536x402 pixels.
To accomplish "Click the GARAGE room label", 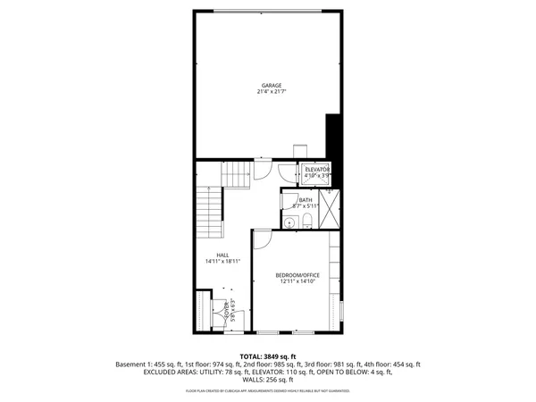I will click(272, 86).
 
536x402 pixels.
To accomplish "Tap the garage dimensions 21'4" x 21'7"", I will click(272, 92).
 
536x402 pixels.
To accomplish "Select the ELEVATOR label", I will click(317, 169).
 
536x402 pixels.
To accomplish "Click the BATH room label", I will click(306, 200).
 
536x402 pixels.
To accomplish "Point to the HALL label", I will click(222, 255).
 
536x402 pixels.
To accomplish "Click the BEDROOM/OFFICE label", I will click(297, 274).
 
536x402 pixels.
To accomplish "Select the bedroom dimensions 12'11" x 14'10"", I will click(297, 281).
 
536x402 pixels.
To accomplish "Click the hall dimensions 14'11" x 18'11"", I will click(222, 262).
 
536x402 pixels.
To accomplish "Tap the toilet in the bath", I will click(306, 222).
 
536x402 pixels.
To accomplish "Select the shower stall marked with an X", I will click(329, 211).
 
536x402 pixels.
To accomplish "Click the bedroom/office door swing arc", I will click(262, 239).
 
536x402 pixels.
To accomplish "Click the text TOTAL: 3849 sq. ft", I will click(268, 356).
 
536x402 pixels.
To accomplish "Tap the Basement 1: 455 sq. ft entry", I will click(148, 364).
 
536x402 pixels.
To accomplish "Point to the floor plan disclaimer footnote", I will click(268, 391).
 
